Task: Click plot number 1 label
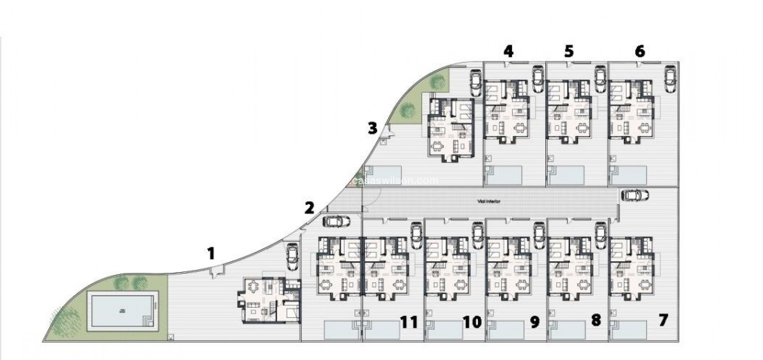point(211,254)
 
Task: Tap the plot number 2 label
point(309,208)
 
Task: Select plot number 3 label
point(372,128)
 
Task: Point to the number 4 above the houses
point(508,51)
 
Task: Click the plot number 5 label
point(569,51)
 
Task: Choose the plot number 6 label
point(640,51)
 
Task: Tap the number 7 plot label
point(664,320)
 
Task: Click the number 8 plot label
point(596,320)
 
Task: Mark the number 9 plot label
point(534,321)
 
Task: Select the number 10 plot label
point(472,321)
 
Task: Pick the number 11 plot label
point(409,321)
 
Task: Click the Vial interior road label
point(489,201)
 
